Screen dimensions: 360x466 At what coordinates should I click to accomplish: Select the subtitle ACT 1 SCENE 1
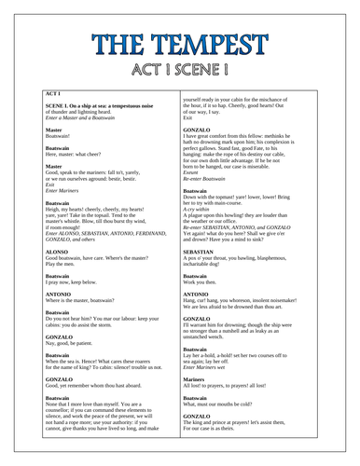point(179,71)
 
